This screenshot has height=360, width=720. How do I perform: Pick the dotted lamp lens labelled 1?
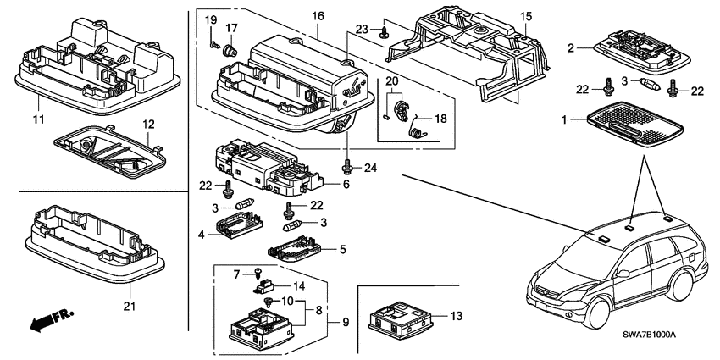(635, 126)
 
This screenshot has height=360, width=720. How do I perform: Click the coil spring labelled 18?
(416, 130)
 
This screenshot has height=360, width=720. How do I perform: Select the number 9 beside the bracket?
(345, 322)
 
